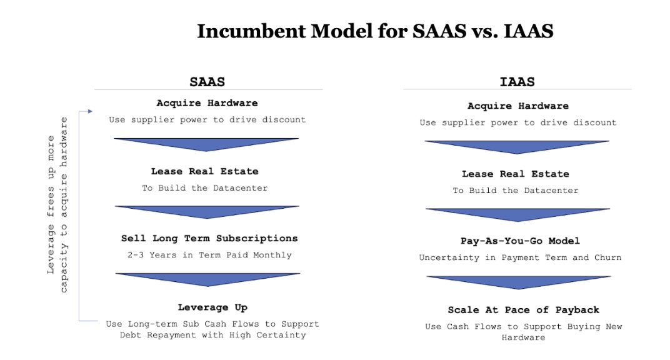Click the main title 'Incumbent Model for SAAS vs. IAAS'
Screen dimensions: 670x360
tap(375, 31)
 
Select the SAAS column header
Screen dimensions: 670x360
tap(207, 82)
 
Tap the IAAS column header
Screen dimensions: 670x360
tap(517, 82)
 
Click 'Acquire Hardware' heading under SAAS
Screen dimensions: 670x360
tap(207, 103)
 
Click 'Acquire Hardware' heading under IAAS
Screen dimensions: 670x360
tap(518, 106)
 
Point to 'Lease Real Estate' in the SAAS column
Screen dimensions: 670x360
tap(204, 171)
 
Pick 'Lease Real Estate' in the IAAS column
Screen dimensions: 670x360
tap(516, 174)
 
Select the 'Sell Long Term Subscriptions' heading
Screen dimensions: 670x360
tap(209, 238)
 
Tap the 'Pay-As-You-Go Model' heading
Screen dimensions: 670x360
tap(520, 241)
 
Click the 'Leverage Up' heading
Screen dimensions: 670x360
tap(212, 307)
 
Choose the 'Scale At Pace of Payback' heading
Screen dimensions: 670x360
tap(524, 310)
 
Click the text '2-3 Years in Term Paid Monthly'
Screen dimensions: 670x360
tap(209, 255)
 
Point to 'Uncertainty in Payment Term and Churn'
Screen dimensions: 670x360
tap(520, 257)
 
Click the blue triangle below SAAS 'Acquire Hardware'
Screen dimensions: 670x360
tap(206, 144)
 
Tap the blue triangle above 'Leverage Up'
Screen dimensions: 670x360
tap(207, 278)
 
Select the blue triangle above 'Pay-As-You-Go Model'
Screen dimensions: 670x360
tap(517, 214)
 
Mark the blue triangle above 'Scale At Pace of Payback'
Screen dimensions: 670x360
tap(519, 281)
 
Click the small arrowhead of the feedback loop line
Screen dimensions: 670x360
tap(90, 111)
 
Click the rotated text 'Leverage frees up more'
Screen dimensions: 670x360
tap(51, 204)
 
